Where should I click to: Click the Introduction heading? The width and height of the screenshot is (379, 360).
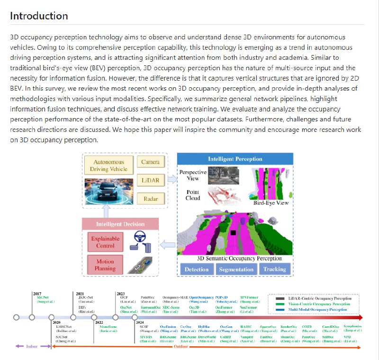pos(39,16)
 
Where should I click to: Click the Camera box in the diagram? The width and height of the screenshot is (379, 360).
pos(150,162)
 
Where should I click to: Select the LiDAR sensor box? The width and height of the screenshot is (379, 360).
pos(150,180)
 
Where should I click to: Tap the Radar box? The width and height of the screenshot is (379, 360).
pos(150,199)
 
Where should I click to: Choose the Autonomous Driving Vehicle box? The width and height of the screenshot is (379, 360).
pos(108,166)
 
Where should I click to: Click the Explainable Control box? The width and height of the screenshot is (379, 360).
pos(105,242)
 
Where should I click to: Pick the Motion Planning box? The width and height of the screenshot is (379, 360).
pos(105,265)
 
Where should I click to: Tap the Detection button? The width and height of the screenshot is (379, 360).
pos(196,269)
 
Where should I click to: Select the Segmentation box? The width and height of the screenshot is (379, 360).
pos(236,269)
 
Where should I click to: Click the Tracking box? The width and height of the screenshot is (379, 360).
pos(274,269)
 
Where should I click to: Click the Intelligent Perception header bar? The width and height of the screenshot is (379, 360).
pos(235,159)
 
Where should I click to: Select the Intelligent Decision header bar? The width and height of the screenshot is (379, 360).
pos(120,223)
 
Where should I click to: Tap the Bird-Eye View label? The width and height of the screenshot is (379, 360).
pos(271,203)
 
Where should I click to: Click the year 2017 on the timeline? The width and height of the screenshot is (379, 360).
pos(37,294)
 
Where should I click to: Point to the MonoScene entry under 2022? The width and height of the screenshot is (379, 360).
pos(108,327)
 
